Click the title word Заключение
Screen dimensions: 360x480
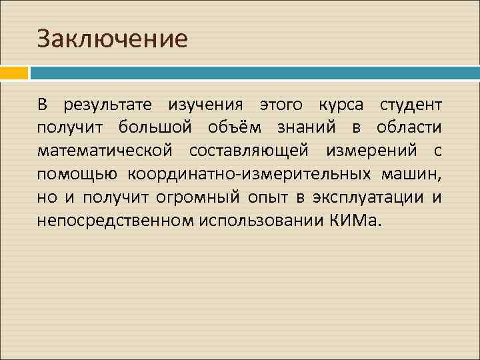112,39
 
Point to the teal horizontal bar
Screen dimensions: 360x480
254,72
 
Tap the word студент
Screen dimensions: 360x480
410,105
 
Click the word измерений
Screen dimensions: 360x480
375,151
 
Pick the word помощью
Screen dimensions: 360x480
77,175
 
